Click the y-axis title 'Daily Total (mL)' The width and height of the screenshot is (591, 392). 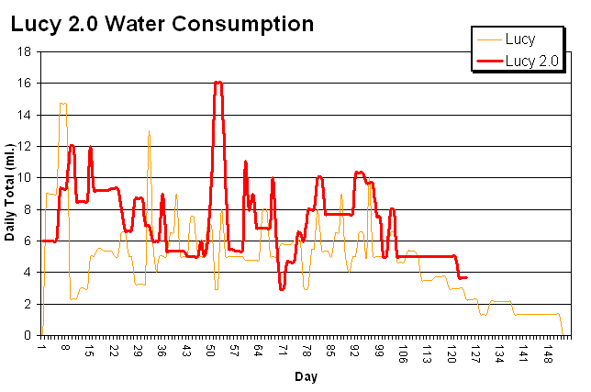point(10,193)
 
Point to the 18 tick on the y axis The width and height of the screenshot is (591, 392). point(28,51)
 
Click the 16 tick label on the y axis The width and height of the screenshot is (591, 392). point(28,83)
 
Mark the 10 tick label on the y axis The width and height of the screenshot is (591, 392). point(28,177)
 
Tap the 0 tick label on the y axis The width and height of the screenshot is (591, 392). point(30,335)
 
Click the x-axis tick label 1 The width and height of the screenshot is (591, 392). point(41,351)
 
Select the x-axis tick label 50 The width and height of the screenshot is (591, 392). point(210,351)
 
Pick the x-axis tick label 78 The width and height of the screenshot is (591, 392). point(307,351)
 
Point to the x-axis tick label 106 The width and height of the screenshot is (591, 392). point(402,351)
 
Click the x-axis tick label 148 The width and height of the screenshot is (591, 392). point(548,351)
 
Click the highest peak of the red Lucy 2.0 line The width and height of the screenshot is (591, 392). point(217,82)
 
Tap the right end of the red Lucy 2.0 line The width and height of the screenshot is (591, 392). point(467,277)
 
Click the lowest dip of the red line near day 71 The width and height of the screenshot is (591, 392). point(283,289)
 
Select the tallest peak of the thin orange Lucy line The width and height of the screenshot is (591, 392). point(62,103)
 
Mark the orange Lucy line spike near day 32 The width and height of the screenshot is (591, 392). point(149,130)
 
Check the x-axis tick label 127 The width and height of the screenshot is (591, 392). point(474,351)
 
